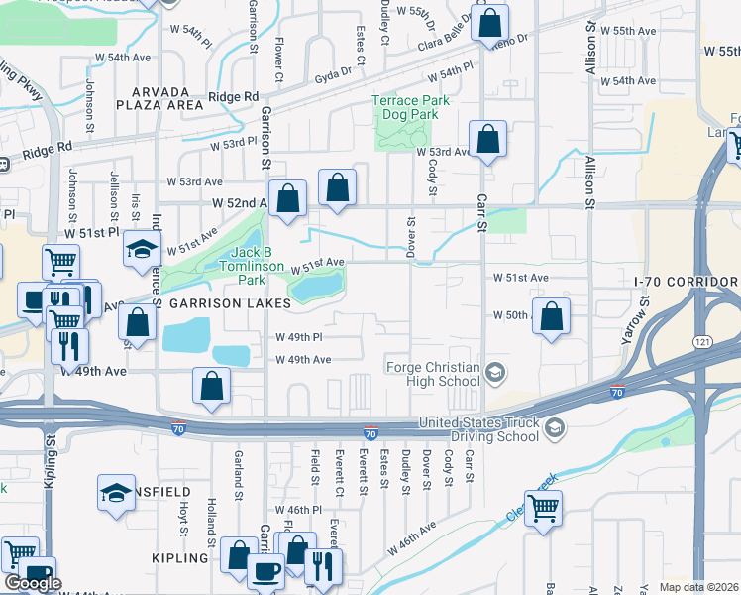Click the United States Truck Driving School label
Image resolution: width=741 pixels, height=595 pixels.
[479, 429]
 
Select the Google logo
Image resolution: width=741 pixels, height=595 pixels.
[32, 583]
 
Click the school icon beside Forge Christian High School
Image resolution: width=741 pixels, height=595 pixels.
[496, 373]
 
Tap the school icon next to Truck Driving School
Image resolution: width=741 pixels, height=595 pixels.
[555, 427]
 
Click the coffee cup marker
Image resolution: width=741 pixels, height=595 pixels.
[265, 570]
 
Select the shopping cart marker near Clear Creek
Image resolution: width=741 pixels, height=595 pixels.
[543, 509]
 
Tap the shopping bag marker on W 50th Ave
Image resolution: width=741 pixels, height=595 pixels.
[552, 317]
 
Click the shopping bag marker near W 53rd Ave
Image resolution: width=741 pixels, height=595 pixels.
[486, 140]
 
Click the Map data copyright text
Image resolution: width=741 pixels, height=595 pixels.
[699, 587]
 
